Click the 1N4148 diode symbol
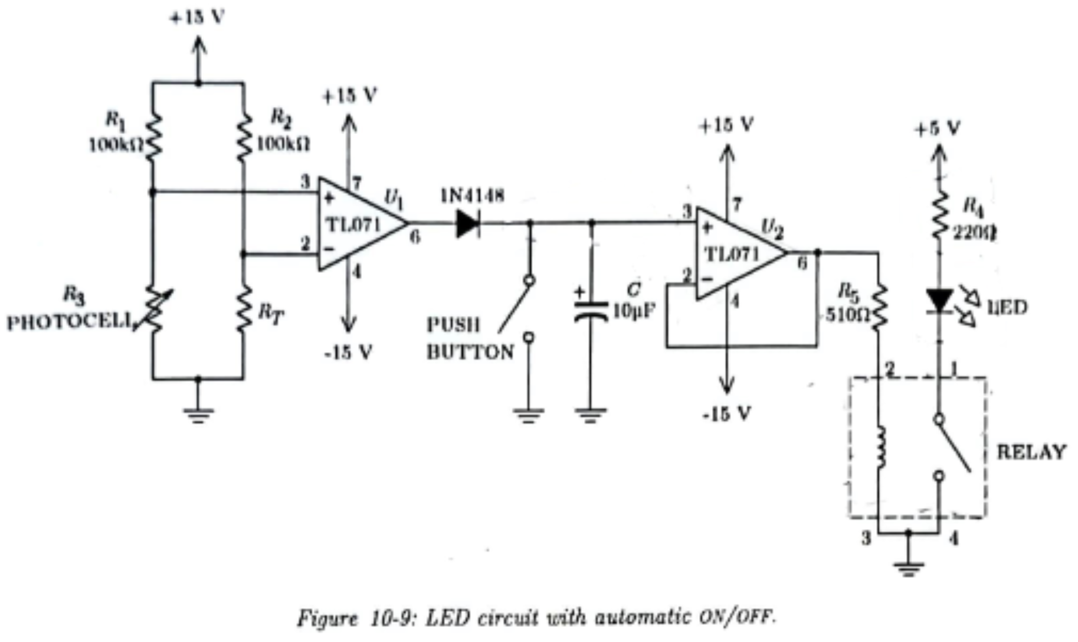click(x=467, y=223)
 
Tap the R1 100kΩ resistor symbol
click(x=153, y=137)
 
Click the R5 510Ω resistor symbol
click(x=879, y=307)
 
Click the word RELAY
click(x=1031, y=452)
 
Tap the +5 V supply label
click(x=938, y=129)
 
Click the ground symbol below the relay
click(x=909, y=568)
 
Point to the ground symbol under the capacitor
click(x=591, y=415)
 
